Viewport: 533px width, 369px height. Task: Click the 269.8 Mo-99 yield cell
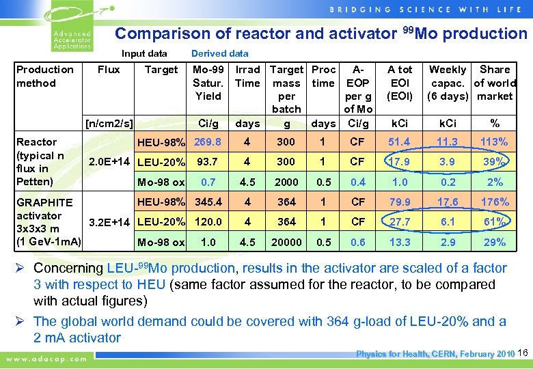click(208, 142)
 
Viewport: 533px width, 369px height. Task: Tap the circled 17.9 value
click(400, 163)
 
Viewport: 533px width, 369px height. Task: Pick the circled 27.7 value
click(400, 222)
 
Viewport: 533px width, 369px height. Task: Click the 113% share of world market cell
click(495, 142)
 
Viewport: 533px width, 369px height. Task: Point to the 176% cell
click(495, 202)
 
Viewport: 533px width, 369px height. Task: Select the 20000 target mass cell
click(286, 243)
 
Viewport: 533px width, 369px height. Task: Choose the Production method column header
click(45, 76)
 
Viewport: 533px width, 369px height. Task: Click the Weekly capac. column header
click(448, 83)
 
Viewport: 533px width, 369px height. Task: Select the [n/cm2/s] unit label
click(109, 124)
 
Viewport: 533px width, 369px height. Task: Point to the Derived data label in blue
click(220, 53)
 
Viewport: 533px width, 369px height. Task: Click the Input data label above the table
click(144, 53)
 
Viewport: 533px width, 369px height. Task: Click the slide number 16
click(523, 353)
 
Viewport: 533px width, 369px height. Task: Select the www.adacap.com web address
click(47, 358)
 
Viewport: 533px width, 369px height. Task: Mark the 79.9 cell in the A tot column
click(400, 202)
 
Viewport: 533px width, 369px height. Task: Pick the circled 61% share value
click(495, 222)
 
